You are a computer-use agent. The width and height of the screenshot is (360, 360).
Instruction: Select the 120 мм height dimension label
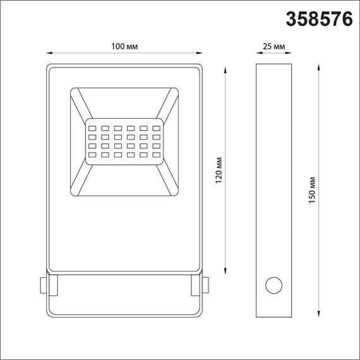point(219,171)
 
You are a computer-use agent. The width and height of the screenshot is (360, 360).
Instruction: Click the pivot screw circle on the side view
point(274,285)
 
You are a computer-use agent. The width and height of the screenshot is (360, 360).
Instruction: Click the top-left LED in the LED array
point(91,124)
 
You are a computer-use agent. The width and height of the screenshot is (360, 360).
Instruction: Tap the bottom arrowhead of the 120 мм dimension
point(225,273)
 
